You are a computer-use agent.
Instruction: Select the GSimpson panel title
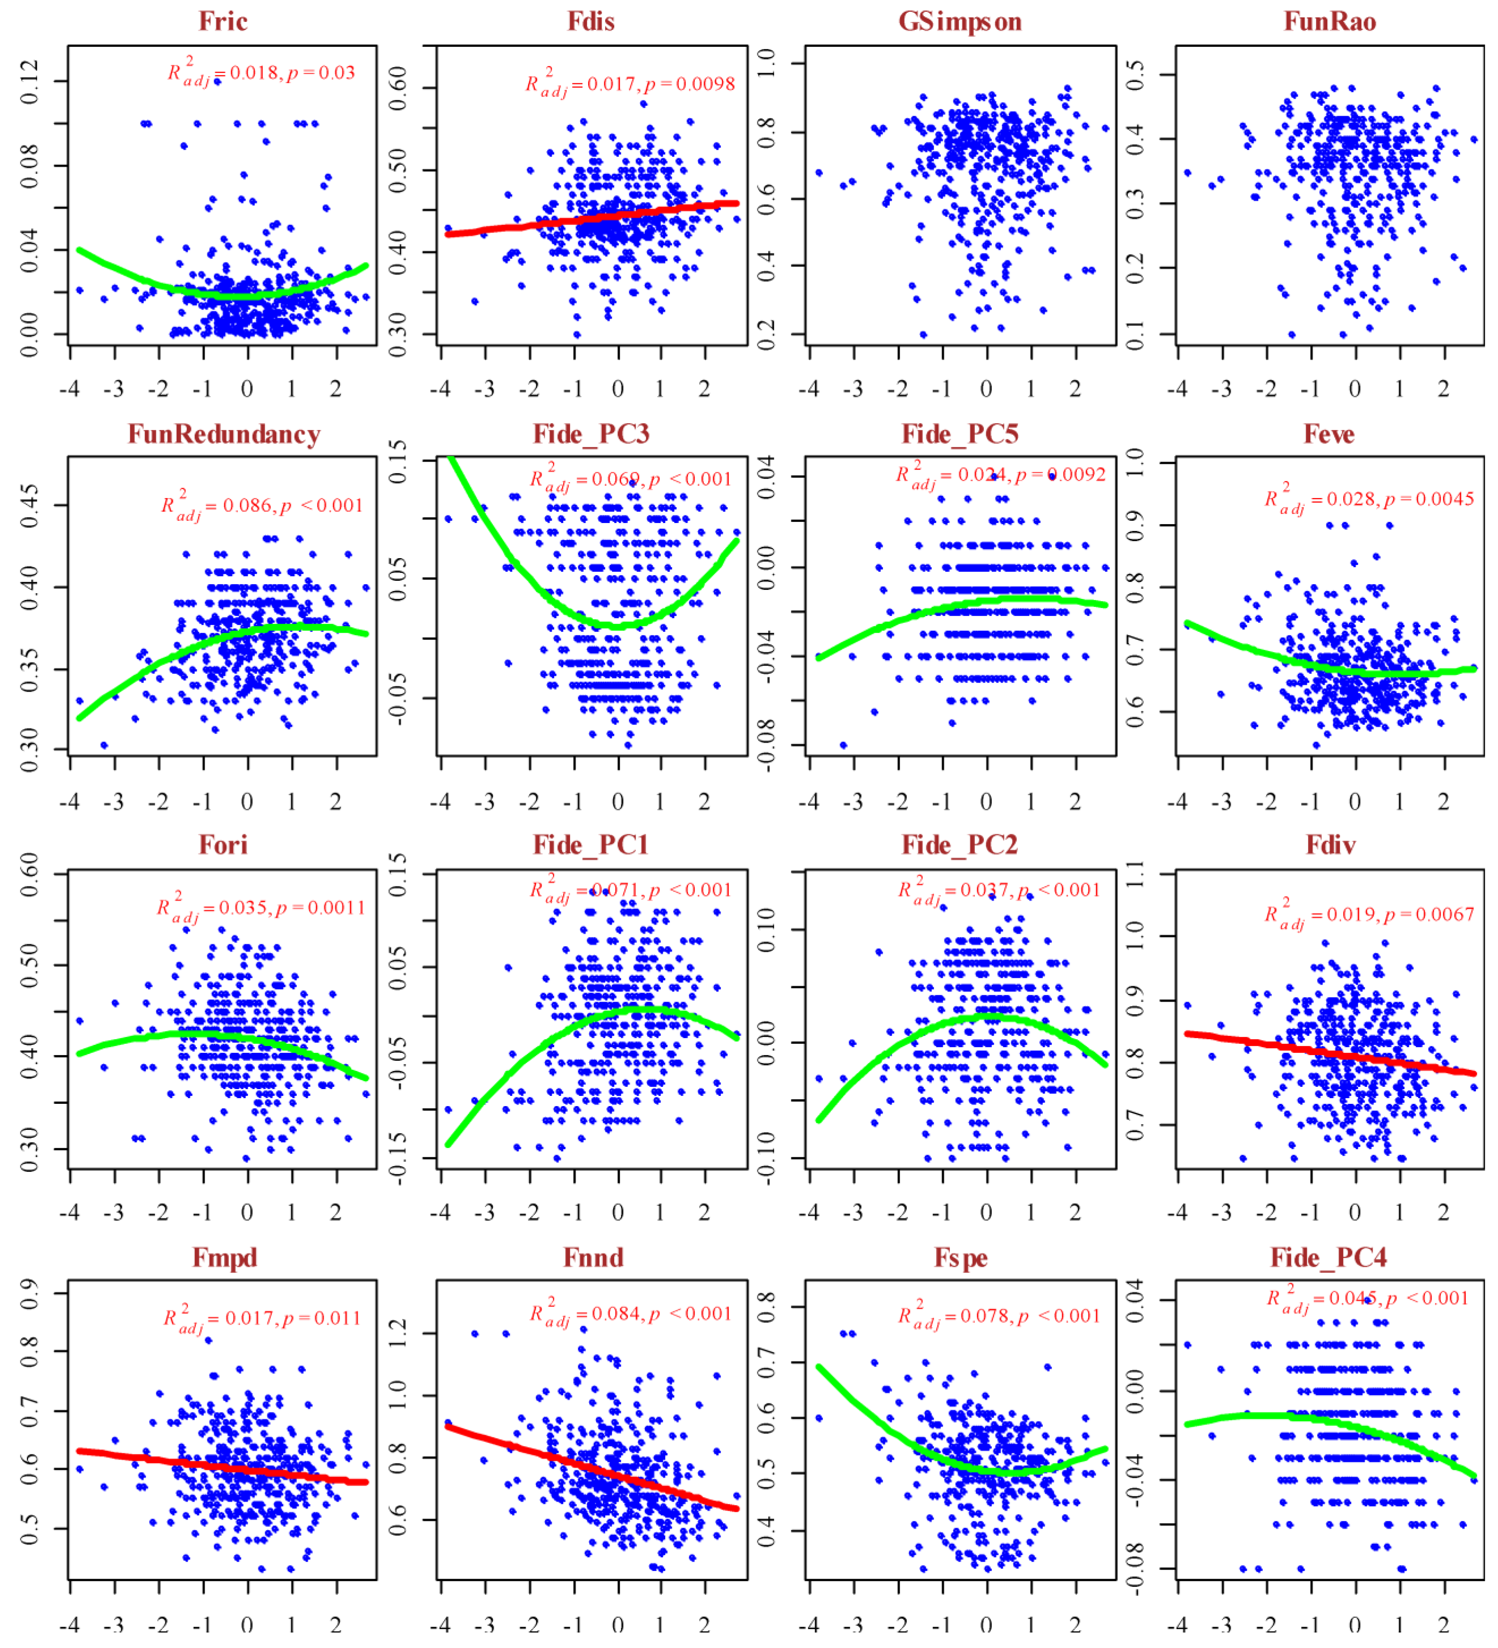(960, 21)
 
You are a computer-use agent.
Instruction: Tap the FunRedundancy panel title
(223, 434)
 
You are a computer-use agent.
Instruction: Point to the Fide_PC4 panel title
(1329, 1257)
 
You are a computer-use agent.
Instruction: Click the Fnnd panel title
(593, 1257)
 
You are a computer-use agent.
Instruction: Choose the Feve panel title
(1329, 434)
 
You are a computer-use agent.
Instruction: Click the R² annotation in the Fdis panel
(630, 84)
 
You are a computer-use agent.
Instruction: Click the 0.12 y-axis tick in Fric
(30, 81)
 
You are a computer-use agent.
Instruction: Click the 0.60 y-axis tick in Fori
(30, 875)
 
